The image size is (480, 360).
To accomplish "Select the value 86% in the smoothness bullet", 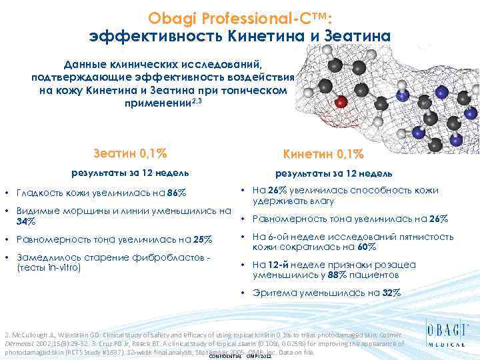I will point(177,194).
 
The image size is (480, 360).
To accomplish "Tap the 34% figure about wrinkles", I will point(26,221).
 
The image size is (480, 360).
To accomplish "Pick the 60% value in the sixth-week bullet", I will point(366,247).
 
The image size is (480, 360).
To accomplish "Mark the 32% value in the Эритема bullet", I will point(391,293).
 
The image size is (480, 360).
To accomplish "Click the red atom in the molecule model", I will point(341,102).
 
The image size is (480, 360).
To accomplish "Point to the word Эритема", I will point(274,293).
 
